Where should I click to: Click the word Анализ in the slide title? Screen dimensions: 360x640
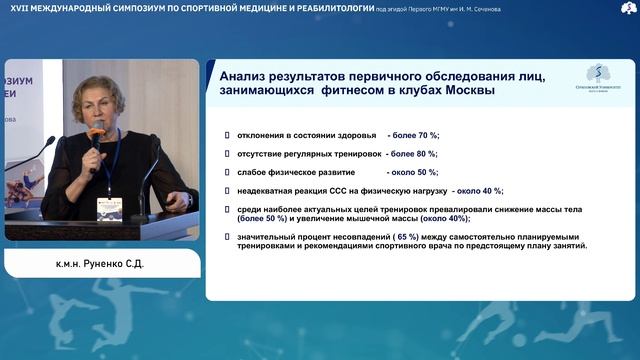[243, 77]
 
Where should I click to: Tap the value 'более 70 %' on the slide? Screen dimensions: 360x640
[414, 135]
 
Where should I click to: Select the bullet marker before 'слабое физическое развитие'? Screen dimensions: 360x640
[229, 171]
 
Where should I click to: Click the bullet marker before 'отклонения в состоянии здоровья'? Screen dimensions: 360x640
[229, 135]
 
